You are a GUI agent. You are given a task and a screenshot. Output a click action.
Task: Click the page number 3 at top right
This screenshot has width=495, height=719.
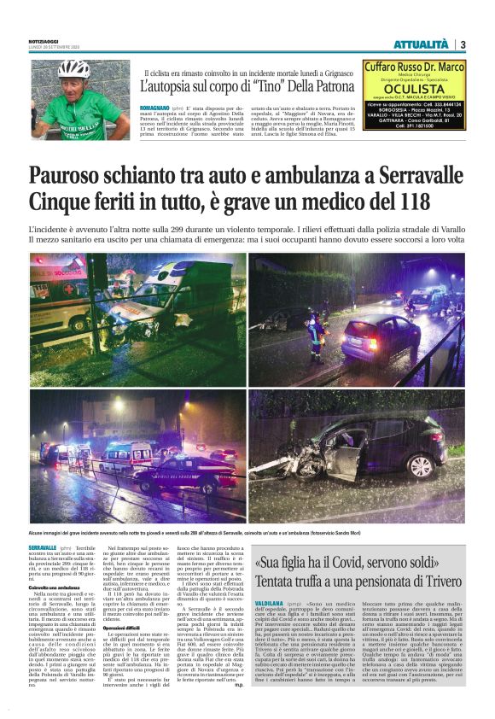click(463, 44)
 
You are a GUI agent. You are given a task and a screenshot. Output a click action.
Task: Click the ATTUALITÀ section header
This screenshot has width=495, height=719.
click(420, 44)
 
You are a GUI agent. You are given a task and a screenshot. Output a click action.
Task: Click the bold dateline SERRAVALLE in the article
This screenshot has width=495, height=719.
click(42, 547)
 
